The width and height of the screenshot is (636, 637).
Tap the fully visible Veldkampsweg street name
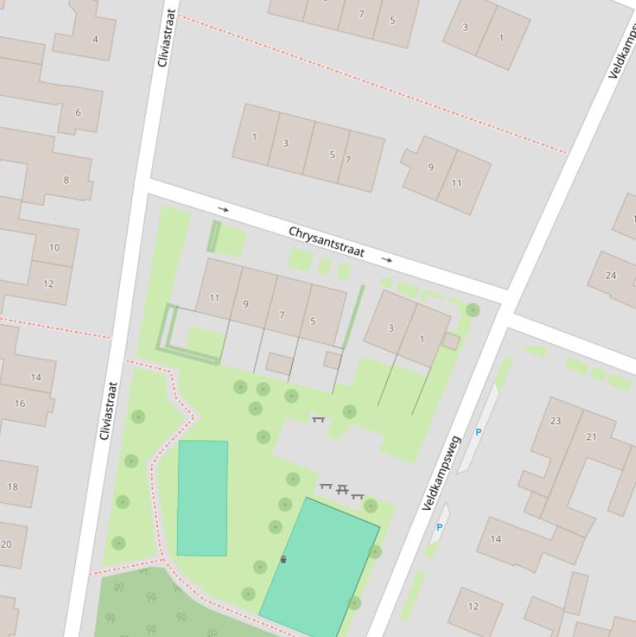442,472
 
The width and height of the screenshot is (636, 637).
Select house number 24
610,275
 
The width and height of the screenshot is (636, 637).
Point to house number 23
555,421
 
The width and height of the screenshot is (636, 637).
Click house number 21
591,437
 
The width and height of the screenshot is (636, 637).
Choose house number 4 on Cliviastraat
95,39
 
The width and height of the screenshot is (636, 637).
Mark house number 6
78,113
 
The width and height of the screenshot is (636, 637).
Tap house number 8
66,180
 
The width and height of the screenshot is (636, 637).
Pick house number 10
54,247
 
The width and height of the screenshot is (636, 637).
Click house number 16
19,404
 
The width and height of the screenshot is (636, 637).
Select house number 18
12,486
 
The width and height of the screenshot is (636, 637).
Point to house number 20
7,544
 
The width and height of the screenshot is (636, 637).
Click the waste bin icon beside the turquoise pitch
283,560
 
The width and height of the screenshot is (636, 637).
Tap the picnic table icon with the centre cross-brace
342,489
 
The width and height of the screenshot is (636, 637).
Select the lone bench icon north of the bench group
318,420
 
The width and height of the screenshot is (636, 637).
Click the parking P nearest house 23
478,433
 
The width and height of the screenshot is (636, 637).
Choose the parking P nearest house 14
439,527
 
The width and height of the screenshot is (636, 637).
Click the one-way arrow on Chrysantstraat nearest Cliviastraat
222,209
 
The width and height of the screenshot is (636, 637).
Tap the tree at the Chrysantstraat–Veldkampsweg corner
472,310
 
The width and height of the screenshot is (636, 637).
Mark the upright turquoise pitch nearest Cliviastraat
203,498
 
